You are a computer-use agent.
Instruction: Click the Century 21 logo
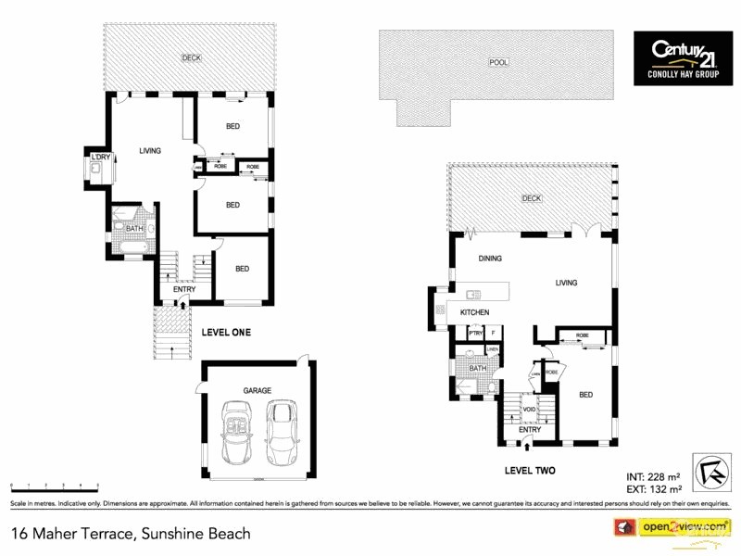[x=682, y=57]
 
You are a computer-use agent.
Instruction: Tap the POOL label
[x=498, y=63]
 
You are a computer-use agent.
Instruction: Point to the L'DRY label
[x=100, y=157]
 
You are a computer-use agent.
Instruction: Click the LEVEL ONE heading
[x=226, y=332]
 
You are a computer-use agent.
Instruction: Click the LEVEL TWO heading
[x=530, y=471]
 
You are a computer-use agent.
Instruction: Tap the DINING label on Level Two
[x=490, y=259]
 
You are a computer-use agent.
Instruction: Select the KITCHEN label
[x=474, y=313]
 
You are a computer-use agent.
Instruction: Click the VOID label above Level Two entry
[x=529, y=409]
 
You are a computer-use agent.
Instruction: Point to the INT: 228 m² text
[x=653, y=477]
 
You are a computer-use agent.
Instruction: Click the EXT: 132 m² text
[x=653, y=488]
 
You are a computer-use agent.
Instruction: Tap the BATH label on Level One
[x=134, y=229]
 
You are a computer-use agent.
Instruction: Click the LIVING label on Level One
[x=150, y=151]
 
